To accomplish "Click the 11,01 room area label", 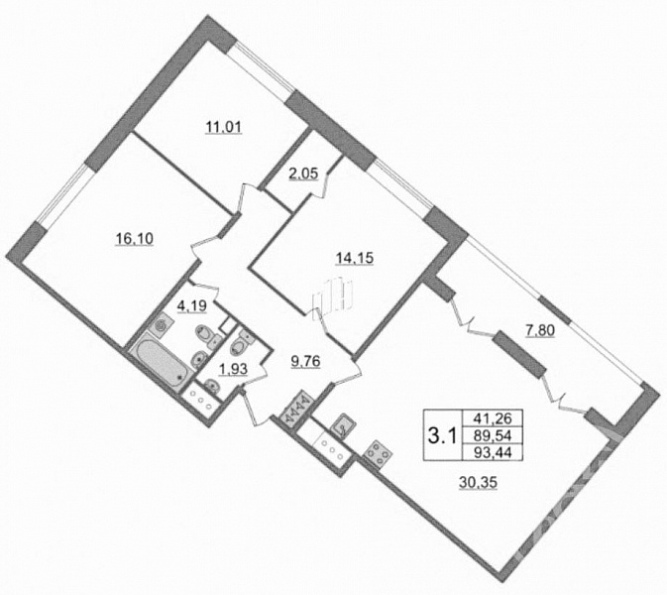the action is click(224, 127).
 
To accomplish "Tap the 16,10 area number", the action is click(135, 239).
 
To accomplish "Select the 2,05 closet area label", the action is click(303, 174).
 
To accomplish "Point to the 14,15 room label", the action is click(355, 258).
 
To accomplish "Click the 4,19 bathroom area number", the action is click(192, 305).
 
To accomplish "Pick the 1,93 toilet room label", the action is click(233, 369).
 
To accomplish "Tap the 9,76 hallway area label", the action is click(305, 362).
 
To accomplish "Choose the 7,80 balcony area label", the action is click(540, 330).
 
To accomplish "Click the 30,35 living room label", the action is click(479, 483).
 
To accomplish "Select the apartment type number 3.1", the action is click(442, 435).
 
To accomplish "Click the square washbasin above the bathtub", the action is click(162, 326).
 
